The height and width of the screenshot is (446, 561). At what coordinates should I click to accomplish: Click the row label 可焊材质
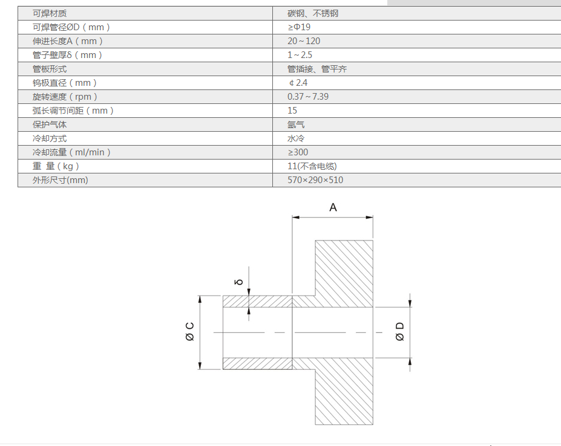(x=50, y=13)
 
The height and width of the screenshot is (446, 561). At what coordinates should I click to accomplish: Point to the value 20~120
(x=304, y=41)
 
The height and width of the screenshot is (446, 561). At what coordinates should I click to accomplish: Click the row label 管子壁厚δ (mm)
(x=68, y=55)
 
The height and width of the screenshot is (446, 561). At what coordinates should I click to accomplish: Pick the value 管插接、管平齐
(x=317, y=69)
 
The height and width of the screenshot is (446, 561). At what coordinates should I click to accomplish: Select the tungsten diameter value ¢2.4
(x=298, y=83)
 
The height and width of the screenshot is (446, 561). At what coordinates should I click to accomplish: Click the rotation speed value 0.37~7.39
(x=308, y=97)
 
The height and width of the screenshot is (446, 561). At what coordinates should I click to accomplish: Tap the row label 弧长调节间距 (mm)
(x=73, y=111)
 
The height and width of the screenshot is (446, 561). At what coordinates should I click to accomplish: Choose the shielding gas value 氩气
(x=296, y=124)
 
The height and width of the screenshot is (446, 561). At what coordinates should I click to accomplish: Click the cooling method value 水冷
(x=296, y=138)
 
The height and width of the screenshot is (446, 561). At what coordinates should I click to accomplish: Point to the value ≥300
(x=298, y=152)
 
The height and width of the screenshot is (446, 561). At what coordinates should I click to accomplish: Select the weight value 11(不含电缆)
(x=312, y=166)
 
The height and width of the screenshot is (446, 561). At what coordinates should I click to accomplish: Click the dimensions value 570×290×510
(x=315, y=180)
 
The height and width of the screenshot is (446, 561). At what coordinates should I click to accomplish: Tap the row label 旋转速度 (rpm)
(x=65, y=97)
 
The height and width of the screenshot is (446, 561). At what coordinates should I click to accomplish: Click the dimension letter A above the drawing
(x=333, y=207)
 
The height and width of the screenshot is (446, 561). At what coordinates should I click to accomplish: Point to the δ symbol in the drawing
(x=239, y=282)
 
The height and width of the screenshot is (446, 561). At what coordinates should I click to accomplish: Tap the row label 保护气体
(x=50, y=124)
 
